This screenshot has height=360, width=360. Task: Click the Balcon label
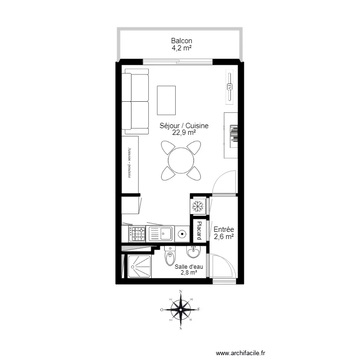[x=181, y=41]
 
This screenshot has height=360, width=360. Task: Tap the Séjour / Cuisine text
[x=184, y=126]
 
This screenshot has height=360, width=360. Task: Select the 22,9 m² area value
[x=184, y=132]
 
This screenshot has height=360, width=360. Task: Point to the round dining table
[x=181, y=159]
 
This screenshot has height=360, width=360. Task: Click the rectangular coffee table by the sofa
[x=167, y=100]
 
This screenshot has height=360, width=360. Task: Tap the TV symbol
[x=229, y=87]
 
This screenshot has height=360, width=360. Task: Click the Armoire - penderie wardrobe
[x=130, y=164]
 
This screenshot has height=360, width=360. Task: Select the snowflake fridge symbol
[x=199, y=206]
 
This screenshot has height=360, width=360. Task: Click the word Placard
[x=199, y=231]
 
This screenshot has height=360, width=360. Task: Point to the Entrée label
[x=223, y=229]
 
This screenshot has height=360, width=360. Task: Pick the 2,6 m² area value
[x=223, y=237]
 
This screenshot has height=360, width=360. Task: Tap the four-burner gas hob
[x=138, y=234]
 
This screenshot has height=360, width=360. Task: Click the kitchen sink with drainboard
[x=161, y=234]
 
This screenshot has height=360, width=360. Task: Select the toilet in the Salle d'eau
[x=169, y=257]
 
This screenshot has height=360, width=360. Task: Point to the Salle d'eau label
[x=188, y=267]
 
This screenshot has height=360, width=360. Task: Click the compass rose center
[x=180, y=310]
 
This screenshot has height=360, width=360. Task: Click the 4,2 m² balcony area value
[x=181, y=48]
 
